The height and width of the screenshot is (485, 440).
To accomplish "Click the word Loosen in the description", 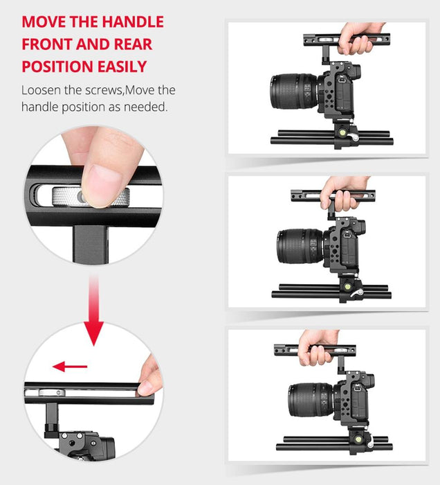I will [x=42, y=91].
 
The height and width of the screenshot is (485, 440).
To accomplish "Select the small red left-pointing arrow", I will [x=71, y=367].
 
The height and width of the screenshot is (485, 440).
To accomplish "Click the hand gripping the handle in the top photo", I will [x=360, y=35].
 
